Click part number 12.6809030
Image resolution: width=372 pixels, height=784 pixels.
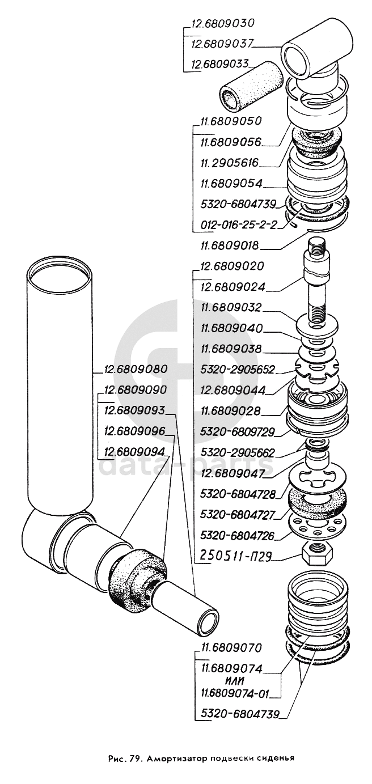(222, 24)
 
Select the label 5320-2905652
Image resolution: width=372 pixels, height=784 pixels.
(238, 369)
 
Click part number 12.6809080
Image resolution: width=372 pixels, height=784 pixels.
(135, 369)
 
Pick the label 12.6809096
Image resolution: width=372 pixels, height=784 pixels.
(134, 431)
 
